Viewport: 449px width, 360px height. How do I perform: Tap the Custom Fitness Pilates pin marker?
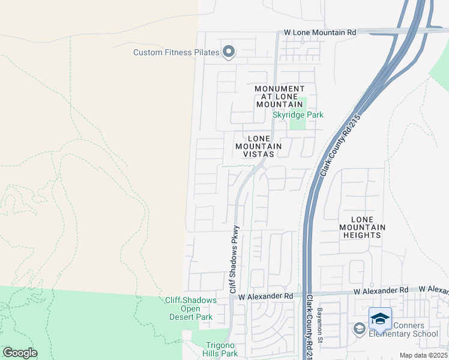point(228,52)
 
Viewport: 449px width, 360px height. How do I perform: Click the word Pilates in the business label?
point(205,53)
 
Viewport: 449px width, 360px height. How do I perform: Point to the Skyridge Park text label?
point(298,115)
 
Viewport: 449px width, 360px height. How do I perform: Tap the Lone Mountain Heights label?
point(362,227)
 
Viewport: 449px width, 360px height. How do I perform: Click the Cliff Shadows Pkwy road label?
point(234,259)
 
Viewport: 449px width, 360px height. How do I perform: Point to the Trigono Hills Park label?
point(214,349)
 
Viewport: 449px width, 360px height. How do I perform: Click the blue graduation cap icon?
point(380,318)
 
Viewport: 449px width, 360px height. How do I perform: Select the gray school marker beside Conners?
point(359,328)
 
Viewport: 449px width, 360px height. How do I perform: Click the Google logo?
point(20,353)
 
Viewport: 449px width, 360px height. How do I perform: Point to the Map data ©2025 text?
point(423,355)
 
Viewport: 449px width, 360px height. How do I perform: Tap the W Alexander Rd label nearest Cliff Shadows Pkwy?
point(265,296)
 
